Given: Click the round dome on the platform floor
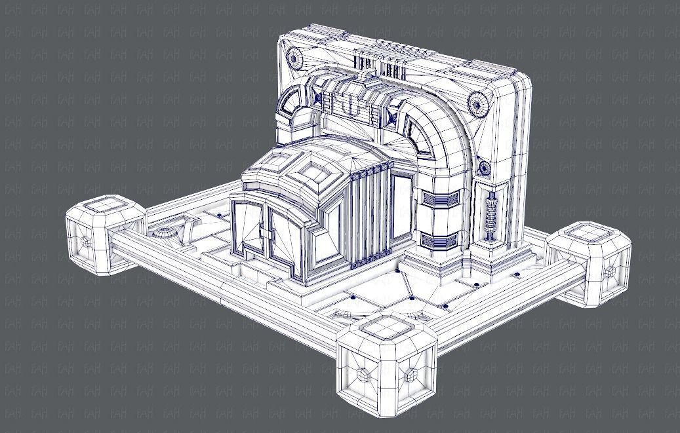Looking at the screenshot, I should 163,233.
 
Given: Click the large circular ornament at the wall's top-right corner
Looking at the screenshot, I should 477,103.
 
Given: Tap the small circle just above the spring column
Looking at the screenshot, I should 484,168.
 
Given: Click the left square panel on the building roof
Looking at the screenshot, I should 266,161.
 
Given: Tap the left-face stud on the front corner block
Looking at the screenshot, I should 363,373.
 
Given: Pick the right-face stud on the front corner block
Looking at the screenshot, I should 411,374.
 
